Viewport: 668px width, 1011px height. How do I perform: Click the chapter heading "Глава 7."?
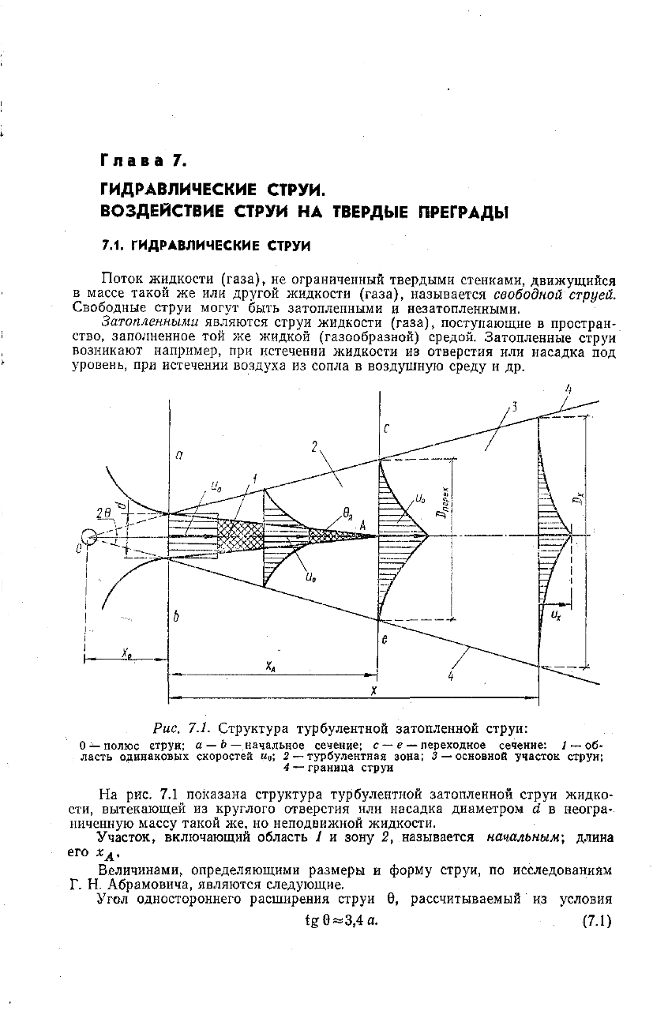[x=143, y=161]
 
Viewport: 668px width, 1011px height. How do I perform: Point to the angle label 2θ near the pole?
[x=103, y=513]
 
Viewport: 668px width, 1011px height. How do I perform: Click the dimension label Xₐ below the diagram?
[x=271, y=666]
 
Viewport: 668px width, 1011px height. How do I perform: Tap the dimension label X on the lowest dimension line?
[x=373, y=690]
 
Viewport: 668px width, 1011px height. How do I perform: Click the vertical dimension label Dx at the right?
[x=580, y=498]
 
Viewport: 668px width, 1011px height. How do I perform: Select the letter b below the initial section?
[x=177, y=618]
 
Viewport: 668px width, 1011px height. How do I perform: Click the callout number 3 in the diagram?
[x=514, y=406]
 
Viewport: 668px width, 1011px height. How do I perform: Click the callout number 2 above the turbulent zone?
[x=313, y=448]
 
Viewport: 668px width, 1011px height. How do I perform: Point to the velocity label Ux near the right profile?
[x=557, y=613]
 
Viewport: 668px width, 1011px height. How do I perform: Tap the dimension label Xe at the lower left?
[x=126, y=652]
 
